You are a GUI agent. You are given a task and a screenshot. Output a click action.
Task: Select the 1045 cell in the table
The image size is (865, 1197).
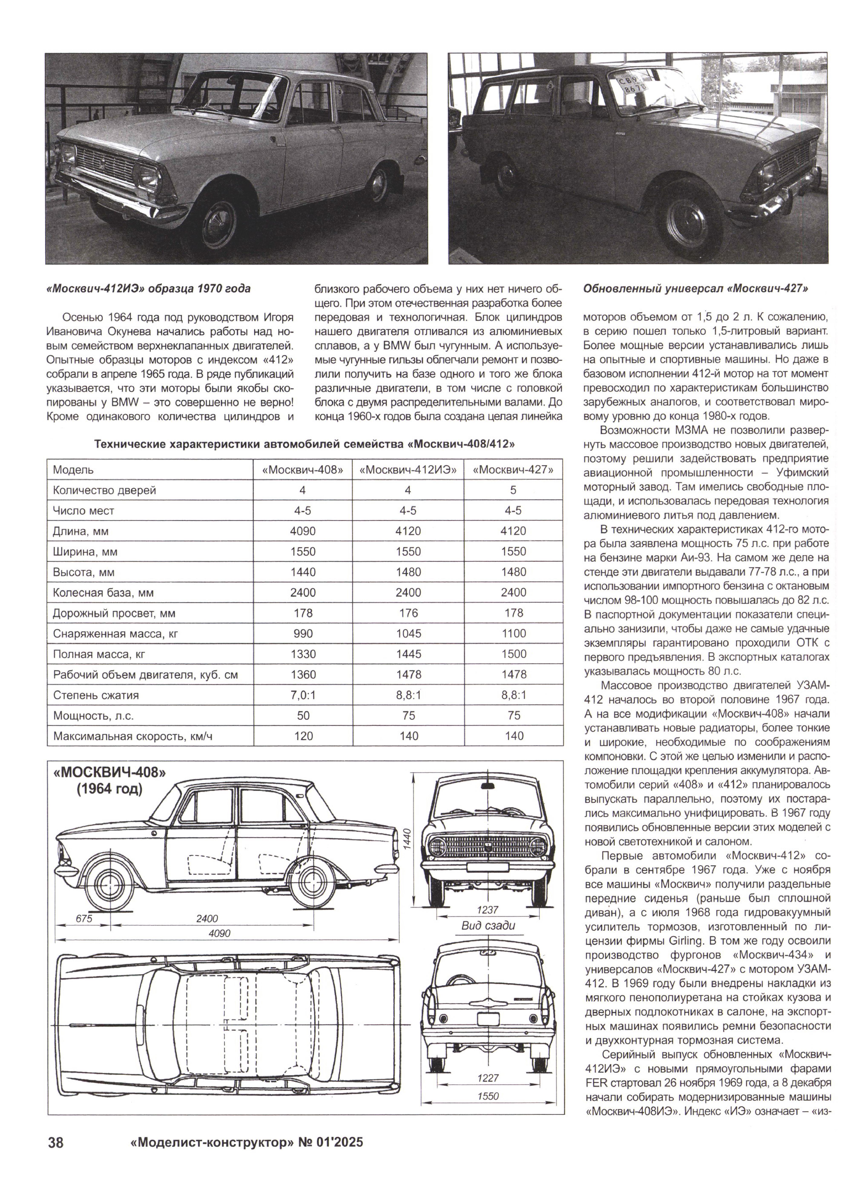(408, 633)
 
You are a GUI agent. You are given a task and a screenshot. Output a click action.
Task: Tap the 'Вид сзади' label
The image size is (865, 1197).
(488, 925)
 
